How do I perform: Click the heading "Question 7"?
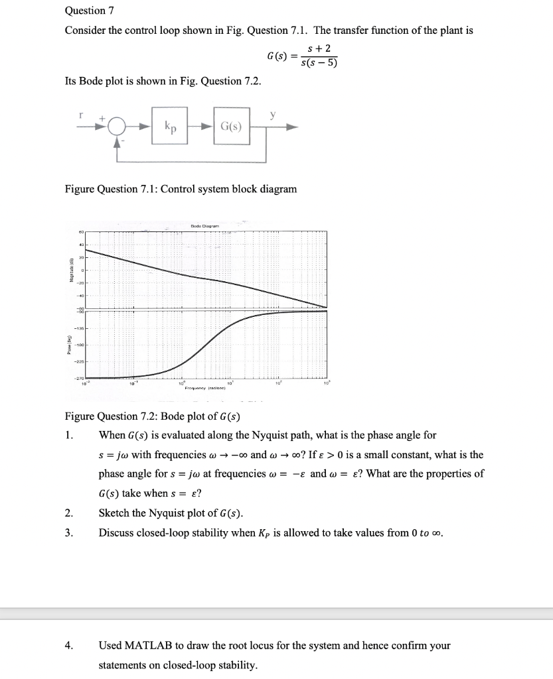[x=85, y=11]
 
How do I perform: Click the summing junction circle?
[x=118, y=126]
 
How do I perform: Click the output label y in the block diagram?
[x=272, y=114]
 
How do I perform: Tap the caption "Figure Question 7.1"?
[x=181, y=189]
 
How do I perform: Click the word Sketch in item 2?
[x=116, y=513]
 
